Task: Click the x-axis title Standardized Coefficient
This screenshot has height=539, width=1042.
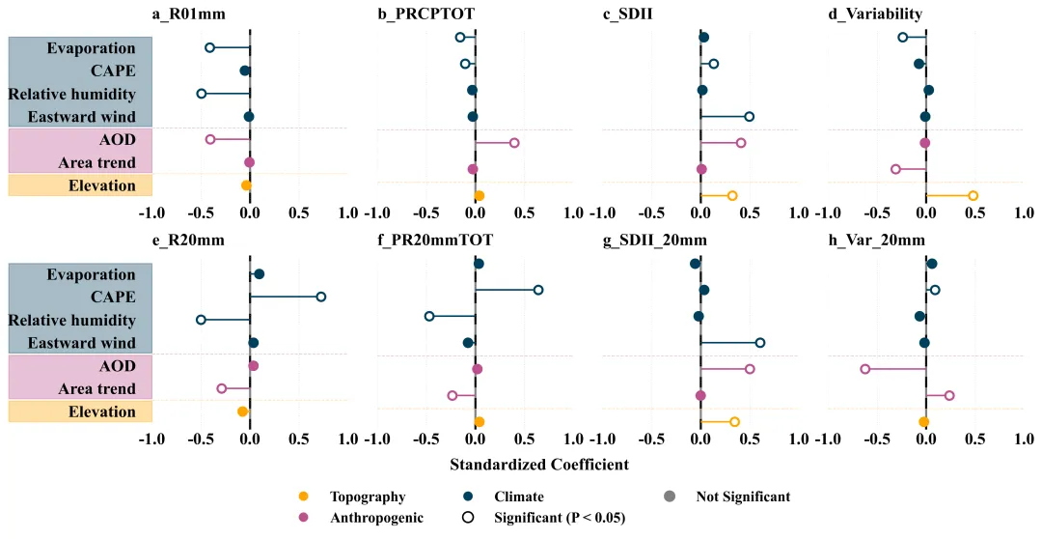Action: (x=539, y=465)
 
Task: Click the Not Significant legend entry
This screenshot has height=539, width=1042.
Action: (x=743, y=496)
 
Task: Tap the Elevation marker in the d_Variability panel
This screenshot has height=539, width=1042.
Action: (x=973, y=196)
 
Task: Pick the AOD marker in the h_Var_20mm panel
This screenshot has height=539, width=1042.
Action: (x=865, y=369)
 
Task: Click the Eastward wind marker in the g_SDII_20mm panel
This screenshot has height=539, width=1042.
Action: (x=760, y=342)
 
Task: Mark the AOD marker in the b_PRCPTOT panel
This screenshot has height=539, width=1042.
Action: (x=514, y=143)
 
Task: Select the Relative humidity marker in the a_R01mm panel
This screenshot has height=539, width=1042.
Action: (x=202, y=94)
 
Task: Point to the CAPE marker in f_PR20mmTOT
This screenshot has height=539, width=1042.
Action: (x=538, y=290)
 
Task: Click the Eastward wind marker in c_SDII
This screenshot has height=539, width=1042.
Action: (x=749, y=117)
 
